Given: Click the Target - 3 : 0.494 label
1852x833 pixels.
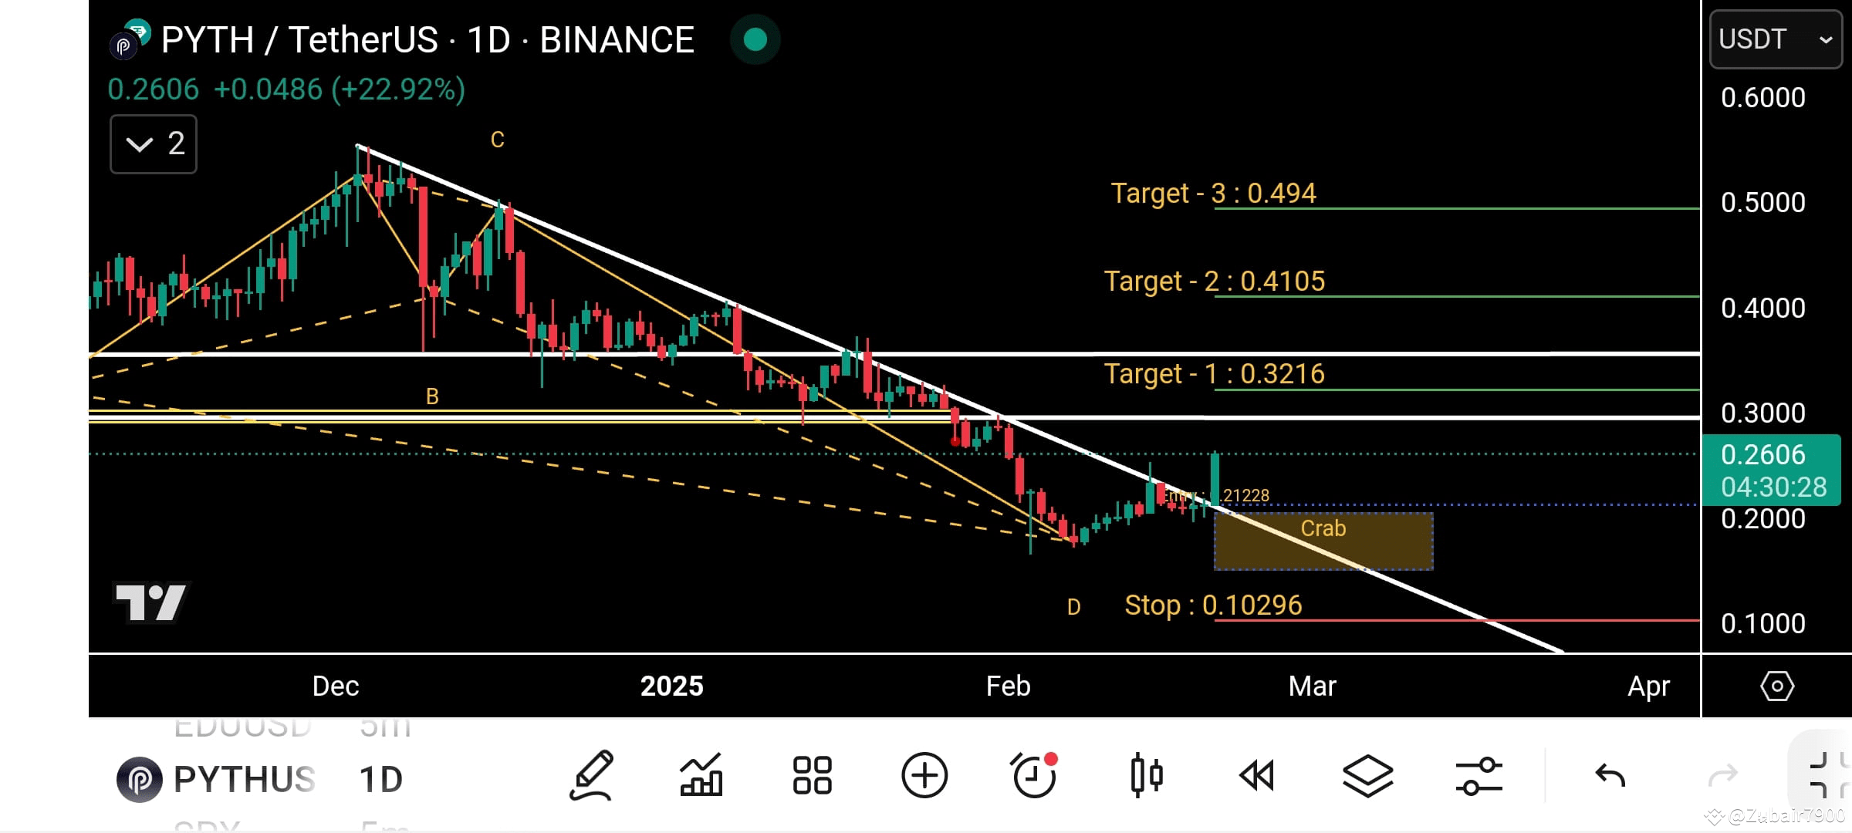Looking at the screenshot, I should click(x=1213, y=193).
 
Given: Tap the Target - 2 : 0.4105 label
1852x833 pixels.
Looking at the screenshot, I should click(x=1214, y=281).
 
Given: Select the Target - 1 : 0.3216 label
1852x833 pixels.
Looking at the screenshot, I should click(x=1214, y=373).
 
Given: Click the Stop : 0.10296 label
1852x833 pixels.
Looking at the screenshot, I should click(x=1212, y=605).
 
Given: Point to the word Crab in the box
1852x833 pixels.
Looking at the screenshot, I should click(x=1323, y=528).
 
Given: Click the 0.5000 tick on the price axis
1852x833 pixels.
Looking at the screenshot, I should click(x=1762, y=202).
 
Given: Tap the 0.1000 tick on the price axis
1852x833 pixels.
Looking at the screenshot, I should click(x=1762, y=623).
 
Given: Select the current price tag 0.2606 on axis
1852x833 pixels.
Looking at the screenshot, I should click(x=1762, y=454).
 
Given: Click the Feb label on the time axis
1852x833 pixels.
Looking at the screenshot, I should click(x=1008, y=686).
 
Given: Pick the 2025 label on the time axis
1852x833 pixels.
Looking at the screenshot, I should click(x=671, y=686).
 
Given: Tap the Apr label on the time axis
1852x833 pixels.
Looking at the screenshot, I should click(x=1648, y=686).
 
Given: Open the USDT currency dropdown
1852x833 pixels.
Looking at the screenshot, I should click(x=1775, y=39).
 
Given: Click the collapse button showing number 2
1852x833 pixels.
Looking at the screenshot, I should click(x=154, y=143).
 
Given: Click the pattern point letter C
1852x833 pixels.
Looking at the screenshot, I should click(x=498, y=140).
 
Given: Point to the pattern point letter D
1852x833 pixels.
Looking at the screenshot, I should click(x=1073, y=607).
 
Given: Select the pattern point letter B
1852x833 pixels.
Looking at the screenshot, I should click(x=432, y=396).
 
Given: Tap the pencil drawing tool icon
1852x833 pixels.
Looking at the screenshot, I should click(x=592, y=775).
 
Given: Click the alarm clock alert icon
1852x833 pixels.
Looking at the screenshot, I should click(x=1034, y=775).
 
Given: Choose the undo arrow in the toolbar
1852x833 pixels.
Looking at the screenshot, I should click(x=1610, y=775).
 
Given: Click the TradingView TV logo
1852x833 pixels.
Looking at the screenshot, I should click(x=151, y=602).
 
